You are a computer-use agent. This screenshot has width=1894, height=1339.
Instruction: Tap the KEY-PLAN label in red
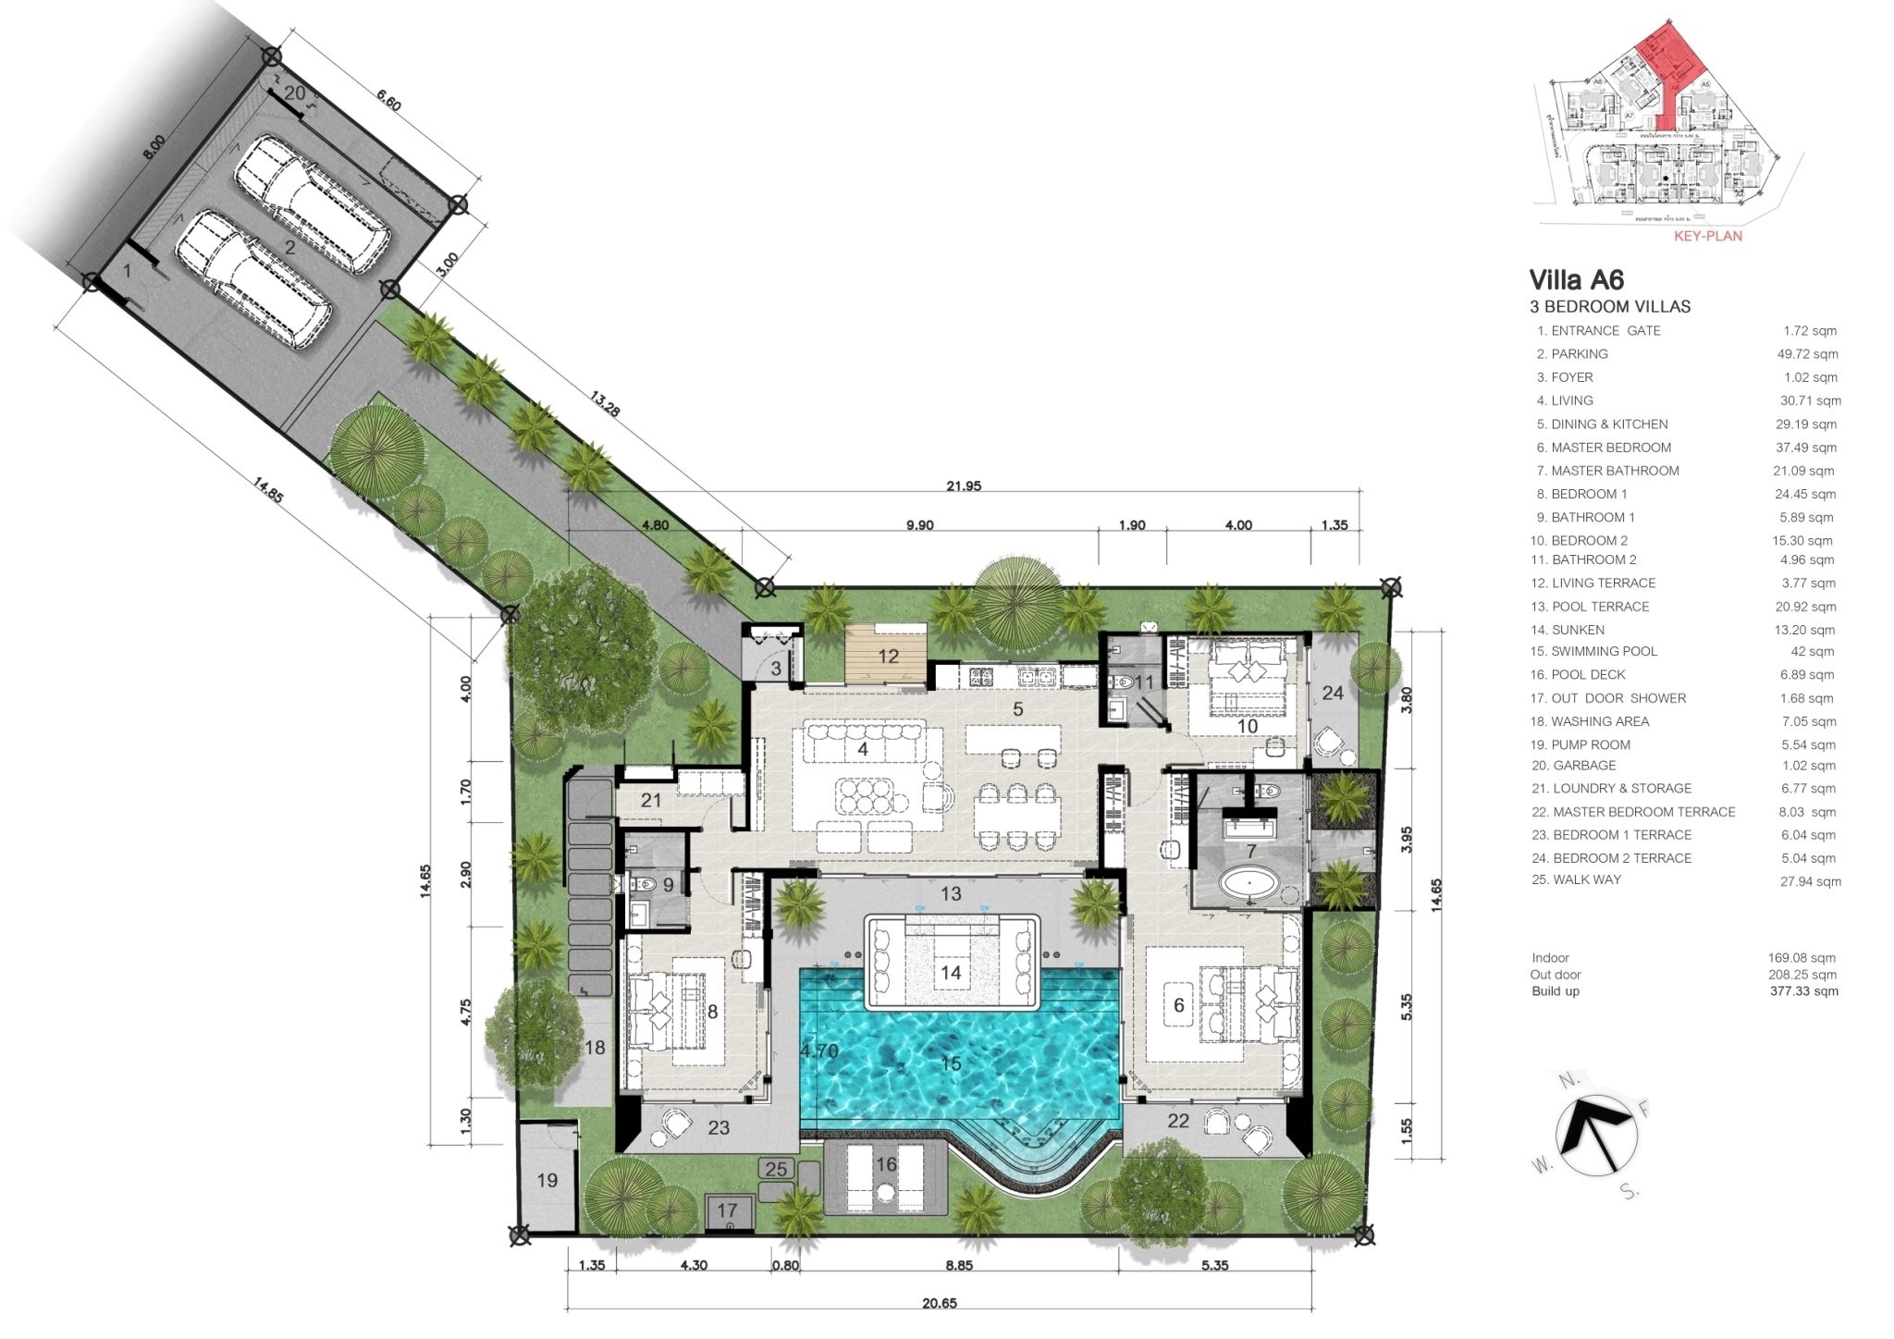pyautogui.click(x=1707, y=236)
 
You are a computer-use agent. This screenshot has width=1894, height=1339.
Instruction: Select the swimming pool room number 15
pyautogui.click(x=951, y=1063)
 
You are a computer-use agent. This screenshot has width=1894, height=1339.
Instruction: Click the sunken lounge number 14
pyautogui.click(x=951, y=972)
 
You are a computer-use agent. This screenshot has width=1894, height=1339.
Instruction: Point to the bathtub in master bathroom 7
pyautogui.click(x=1249, y=883)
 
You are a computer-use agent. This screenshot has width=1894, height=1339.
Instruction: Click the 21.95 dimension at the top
pyautogui.click(x=964, y=486)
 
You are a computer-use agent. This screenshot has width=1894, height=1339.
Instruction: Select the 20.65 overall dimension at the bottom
pyautogui.click(x=939, y=1303)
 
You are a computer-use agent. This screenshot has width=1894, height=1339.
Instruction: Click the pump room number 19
pyautogui.click(x=547, y=1180)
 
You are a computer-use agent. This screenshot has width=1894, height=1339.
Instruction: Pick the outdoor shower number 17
pyautogui.click(x=727, y=1210)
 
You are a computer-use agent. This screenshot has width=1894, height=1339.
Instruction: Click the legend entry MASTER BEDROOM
pyautogui.click(x=1610, y=448)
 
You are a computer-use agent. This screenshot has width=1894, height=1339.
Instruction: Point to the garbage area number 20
pyautogui.click(x=294, y=93)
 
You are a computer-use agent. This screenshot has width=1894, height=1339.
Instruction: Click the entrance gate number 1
pyautogui.click(x=128, y=270)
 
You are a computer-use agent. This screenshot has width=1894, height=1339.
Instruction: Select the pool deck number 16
pyautogui.click(x=886, y=1164)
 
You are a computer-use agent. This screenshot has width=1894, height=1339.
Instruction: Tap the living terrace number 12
pyautogui.click(x=888, y=657)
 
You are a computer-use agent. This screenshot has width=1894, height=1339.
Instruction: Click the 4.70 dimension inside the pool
pyautogui.click(x=818, y=1051)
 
